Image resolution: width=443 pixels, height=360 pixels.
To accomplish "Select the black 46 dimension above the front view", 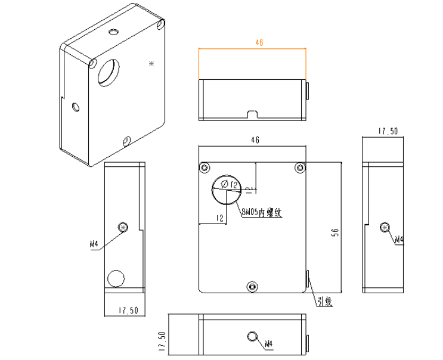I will pos(255,140).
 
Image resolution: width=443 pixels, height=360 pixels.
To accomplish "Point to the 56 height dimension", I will pos(334,234).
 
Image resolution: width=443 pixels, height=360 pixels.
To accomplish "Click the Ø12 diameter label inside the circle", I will pos(229,185).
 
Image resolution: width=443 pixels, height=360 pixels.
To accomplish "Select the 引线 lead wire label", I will pos(324,302).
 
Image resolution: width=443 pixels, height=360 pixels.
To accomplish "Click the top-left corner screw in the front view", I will pos(205,167).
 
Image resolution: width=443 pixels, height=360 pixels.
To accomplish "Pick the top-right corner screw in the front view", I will pos(299,167).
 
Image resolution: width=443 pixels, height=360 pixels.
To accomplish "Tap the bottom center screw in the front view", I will pos(252,287).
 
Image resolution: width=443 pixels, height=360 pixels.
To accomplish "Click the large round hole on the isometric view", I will pos(109,72).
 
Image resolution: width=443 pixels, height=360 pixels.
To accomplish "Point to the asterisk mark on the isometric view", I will pos(151,63).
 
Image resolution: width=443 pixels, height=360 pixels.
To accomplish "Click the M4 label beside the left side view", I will pos(94,244).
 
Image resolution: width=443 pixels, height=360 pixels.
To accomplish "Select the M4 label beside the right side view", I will pos(398,240).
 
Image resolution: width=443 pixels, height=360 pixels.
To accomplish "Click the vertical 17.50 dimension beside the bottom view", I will pos(160,343).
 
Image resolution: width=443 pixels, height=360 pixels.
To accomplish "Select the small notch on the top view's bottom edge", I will pos(252,114).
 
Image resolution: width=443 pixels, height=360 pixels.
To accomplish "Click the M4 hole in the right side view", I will pos(385,226).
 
